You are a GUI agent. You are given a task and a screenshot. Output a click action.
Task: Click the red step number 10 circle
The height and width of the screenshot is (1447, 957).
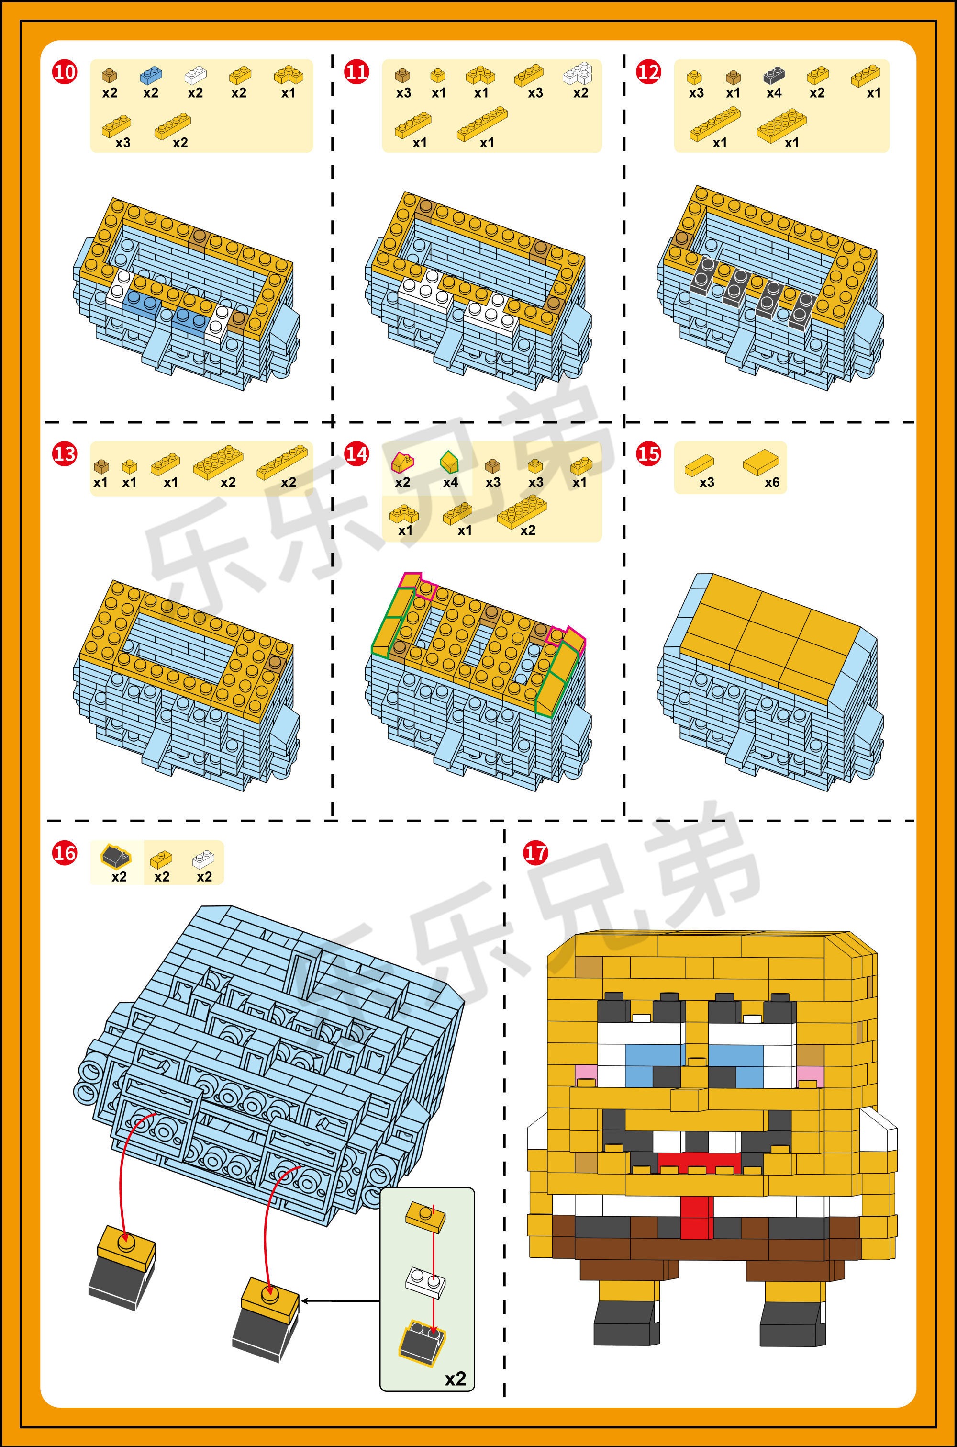point(65,72)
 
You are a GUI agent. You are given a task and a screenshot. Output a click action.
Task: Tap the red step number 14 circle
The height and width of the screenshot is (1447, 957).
point(356,453)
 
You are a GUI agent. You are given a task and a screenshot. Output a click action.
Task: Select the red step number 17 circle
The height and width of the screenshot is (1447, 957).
point(536,852)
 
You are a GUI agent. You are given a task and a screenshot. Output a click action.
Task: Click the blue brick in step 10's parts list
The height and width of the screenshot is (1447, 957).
point(151,75)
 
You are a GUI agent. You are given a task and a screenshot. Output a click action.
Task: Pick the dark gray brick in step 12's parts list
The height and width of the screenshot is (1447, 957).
point(774,75)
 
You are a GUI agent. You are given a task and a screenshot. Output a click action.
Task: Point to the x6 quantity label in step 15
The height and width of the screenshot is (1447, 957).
point(772,482)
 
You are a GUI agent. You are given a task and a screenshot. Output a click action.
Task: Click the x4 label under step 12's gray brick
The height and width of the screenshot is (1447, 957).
point(774,93)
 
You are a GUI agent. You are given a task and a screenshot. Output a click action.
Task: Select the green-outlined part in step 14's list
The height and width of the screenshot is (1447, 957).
point(449,462)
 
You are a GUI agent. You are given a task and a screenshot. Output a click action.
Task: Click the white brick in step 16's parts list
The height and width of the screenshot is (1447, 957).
point(203,859)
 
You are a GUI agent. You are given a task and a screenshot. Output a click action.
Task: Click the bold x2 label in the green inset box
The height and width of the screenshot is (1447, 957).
point(456,1379)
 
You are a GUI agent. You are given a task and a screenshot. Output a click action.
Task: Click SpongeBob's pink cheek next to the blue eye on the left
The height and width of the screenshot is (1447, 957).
point(585,1072)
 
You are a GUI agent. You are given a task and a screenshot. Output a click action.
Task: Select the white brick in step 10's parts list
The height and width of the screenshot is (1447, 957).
point(195,75)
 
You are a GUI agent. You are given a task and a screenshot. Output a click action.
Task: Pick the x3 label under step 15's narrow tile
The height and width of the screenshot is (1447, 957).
point(707,482)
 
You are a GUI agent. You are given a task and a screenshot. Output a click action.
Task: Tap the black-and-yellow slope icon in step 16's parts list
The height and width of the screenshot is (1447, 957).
point(116,856)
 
